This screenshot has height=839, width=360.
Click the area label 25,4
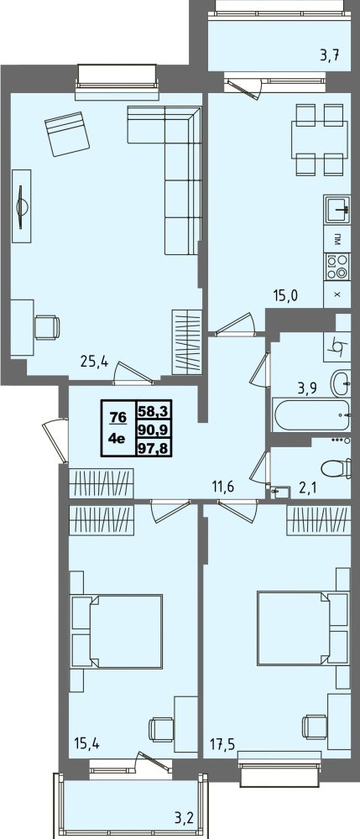pyautogui.click(x=94, y=362)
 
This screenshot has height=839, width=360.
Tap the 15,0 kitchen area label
pyautogui.click(x=284, y=294)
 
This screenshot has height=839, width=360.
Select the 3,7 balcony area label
pyautogui.click(x=331, y=54)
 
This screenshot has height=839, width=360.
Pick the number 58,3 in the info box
pyautogui.click(x=154, y=411)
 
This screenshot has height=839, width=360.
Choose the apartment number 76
pyautogui.click(x=115, y=416)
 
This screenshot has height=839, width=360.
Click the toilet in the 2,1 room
pyautogui.click(x=337, y=469)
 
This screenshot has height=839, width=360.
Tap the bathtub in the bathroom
pyautogui.click(x=311, y=414)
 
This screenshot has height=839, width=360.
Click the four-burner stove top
pyautogui.click(x=337, y=267)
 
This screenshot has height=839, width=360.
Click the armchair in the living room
pyautogui.click(x=67, y=133)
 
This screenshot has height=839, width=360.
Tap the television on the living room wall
pyautogui.click(x=21, y=206)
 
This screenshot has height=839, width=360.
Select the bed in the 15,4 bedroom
pyautogui.click(x=117, y=631)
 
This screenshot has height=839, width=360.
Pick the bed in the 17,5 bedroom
pyautogui.click(x=303, y=628)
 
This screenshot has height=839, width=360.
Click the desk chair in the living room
pyautogui.click(x=46, y=327)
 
